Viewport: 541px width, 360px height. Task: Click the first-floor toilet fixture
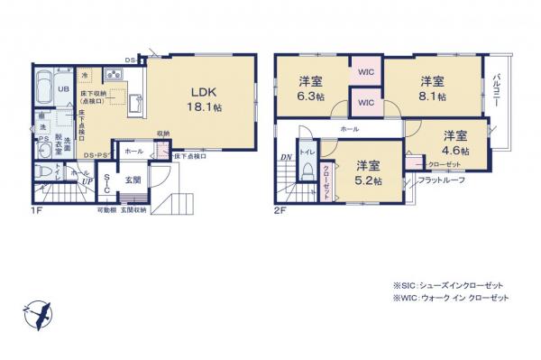[44, 171]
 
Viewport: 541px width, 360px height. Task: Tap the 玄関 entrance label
[132, 179]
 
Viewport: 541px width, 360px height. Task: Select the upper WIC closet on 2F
[366, 71]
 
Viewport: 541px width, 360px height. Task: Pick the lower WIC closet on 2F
[366, 103]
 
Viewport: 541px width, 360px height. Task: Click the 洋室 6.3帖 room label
[312, 90]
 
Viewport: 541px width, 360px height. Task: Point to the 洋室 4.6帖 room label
[454, 142]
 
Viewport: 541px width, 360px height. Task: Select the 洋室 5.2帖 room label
[366, 172]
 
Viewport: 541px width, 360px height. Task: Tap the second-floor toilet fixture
[308, 171]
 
